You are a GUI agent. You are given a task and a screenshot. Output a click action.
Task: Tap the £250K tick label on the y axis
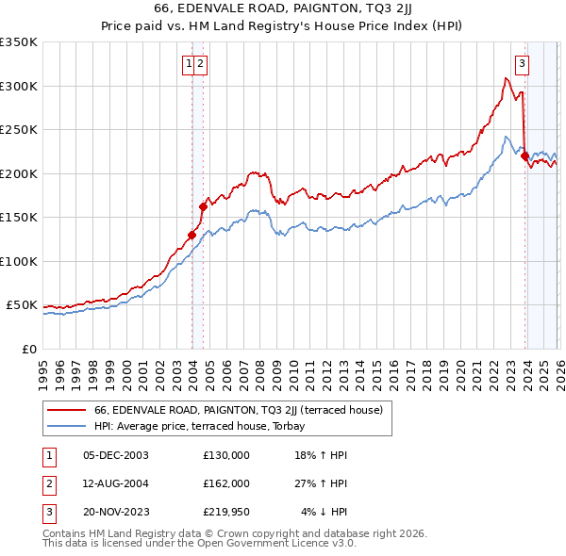pyautogui.click(x=19, y=130)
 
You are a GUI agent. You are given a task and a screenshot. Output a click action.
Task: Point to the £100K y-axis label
pyautogui.click(x=19, y=261)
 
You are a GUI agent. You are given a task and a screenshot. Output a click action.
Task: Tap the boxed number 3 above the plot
pyautogui.click(x=522, y=64)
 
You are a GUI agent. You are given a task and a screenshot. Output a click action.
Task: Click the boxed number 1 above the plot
pyautogui.click(x=190, y=64)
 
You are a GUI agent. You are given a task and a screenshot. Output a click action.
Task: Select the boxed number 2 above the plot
pyautogui.click(x=202, y=64)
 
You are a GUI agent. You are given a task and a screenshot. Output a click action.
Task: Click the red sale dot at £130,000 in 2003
pyautogui.click(x=191, y=235)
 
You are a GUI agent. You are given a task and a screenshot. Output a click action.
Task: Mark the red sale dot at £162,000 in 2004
pyautogui.click(x=203, y=206)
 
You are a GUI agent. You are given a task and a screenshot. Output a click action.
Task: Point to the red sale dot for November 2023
pyautogui.click(x=524, y=156)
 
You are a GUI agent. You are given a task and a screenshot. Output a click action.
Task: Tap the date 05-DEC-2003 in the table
pyautogui.click(x=116, y=454)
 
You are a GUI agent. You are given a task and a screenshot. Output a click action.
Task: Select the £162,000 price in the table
pyautogui.click(x=226, y=483)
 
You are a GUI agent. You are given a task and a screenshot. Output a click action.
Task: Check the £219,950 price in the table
pyautogui.click(x=226, y=512)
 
